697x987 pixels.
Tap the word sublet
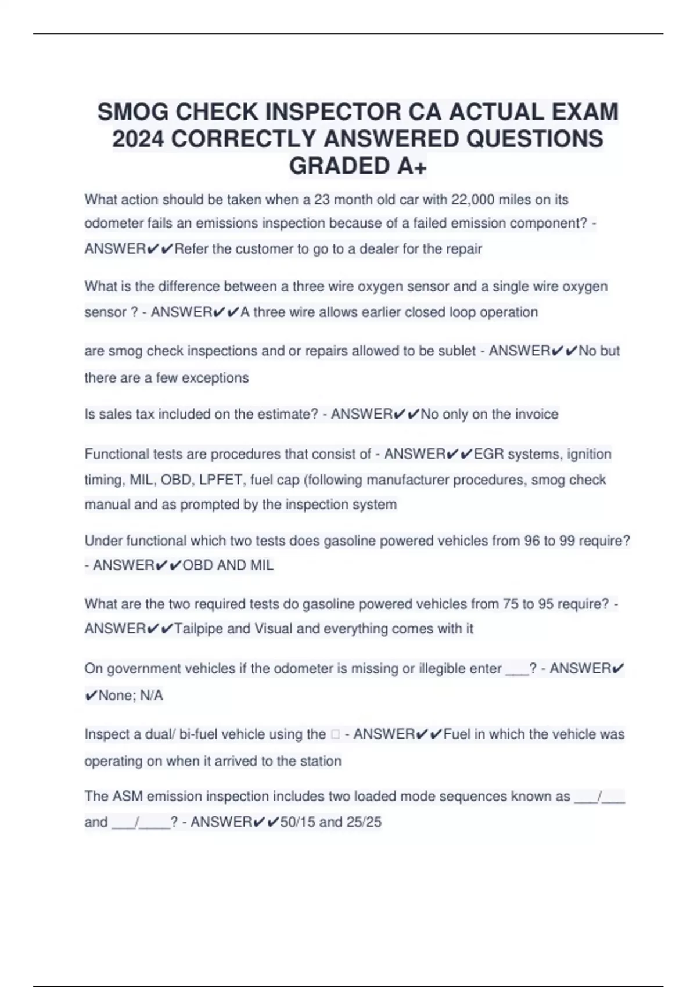(455, 351)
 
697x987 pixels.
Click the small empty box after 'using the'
(335, 735)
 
